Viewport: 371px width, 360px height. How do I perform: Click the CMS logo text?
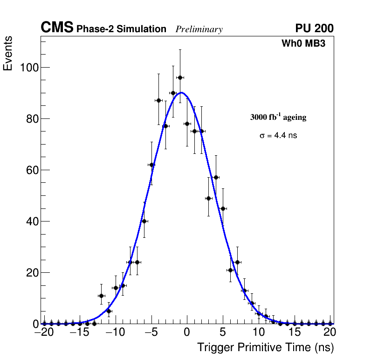(57, 28)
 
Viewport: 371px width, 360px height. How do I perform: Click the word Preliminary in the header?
(199, 29)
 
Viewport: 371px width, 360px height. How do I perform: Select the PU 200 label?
(314, 28)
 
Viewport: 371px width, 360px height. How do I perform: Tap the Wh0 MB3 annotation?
(303, 44)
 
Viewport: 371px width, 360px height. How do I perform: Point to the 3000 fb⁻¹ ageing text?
(278, 118)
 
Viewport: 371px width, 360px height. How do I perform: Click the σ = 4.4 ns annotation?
(278, 136)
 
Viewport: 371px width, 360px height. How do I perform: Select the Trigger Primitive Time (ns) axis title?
(265, 347)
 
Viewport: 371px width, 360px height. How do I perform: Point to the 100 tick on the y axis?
(29, 68)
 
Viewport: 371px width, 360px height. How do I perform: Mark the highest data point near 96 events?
(180, 77)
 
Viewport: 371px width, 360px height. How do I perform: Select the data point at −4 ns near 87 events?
(158, 100)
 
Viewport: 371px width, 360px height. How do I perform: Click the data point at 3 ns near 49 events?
(208, 198)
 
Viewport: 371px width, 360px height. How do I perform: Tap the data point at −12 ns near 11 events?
(101, 296)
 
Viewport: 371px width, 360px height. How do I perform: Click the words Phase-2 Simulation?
(121, 29)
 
